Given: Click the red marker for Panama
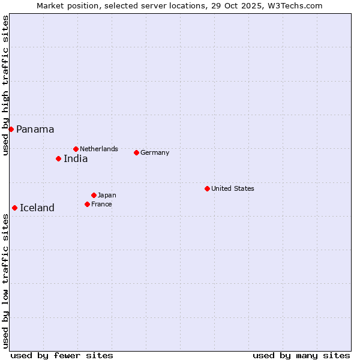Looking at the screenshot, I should [11, 129].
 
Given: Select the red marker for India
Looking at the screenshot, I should [58, 158].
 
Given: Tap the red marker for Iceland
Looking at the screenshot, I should [14, 208].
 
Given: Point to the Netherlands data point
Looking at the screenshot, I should [76, 149].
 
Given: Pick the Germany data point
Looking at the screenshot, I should [136, 152].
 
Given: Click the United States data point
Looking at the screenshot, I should [207, 188].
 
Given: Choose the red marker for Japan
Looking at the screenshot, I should [94, 195].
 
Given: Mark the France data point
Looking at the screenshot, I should [87, 204].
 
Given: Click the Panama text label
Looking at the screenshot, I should [35, 129].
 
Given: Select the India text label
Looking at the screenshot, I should [76, 159].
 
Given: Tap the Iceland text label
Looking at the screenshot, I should [37, 208].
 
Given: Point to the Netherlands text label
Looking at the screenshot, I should [99, 149].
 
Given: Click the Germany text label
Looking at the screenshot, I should [155, 152].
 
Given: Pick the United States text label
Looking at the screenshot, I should [233, 188].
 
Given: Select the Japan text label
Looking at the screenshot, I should [107, 195].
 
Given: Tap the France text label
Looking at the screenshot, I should [101, 204].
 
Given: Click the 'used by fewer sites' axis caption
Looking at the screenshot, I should [62, 355].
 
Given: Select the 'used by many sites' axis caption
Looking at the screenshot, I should [301, 355].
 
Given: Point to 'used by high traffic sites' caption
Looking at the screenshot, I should [5, 85].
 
